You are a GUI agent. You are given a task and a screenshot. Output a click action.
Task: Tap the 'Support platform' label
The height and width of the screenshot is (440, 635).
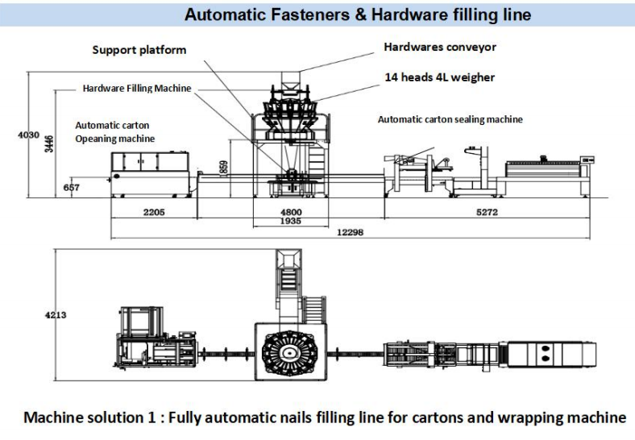click(139, 50)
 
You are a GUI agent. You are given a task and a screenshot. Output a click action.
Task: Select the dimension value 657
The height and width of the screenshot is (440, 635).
click(73, 188)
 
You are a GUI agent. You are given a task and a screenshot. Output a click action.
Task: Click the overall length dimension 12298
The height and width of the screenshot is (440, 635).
click(348, 232)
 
